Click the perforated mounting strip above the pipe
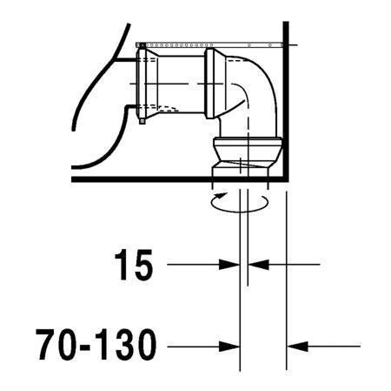[209, 41]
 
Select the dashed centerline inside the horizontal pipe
[174, 83]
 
